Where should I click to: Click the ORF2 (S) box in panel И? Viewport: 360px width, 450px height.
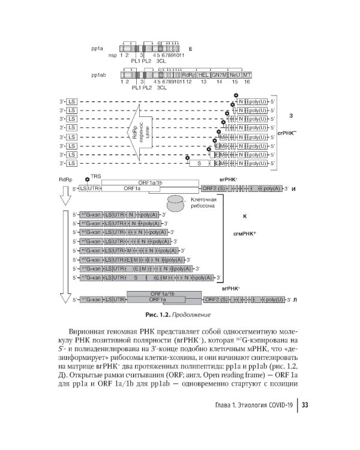[214, 188]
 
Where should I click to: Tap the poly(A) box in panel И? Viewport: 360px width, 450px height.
[272, 188]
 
